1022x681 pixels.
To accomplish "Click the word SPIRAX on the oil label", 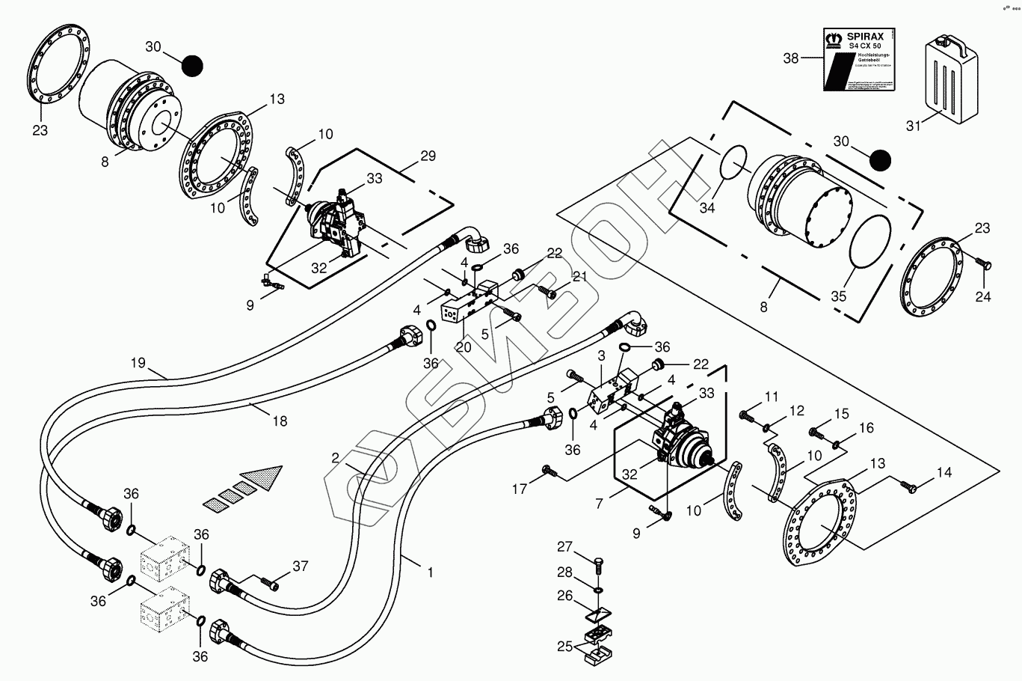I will [x=864, y=36].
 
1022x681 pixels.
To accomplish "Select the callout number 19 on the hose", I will [x=138, y=363].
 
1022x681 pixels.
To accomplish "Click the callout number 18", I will [x=279, y=421].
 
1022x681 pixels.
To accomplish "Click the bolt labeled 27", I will [x=598, y=561].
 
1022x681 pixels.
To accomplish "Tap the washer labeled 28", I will [x=598, y=589].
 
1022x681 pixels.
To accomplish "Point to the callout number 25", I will [x=565, y=645].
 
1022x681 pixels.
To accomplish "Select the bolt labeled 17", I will [x=548, y=471].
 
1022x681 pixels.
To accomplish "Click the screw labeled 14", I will [x=909, y=486].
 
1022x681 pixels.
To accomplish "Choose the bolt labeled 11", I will [x=746, y=413].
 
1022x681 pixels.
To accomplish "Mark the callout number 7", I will [x=599, y=504].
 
